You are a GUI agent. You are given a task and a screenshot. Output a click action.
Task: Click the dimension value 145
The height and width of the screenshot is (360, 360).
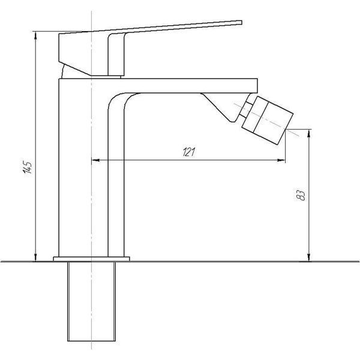pos(28,167)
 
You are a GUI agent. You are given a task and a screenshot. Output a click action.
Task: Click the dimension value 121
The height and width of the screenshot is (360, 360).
pos(189,152)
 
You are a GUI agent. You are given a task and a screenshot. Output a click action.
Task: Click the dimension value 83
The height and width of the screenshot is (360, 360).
pos(301,196)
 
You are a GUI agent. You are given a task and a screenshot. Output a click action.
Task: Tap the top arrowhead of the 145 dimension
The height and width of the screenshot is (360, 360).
pos(35,35)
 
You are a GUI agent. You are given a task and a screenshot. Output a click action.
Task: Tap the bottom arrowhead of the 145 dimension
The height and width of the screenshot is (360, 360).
pos(35,257)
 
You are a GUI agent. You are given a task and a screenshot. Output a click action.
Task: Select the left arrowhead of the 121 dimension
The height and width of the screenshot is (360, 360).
pos(95,160)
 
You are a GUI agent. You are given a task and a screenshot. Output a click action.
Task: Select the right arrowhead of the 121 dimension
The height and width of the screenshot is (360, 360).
pos(281,160)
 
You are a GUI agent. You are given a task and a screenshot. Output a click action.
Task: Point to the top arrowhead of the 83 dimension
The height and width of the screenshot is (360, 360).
pos(309,133)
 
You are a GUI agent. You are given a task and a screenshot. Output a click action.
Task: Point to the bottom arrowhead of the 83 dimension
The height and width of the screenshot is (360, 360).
pos(309,257)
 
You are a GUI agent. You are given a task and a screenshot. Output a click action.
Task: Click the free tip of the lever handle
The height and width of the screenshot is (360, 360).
pos(242,22)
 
